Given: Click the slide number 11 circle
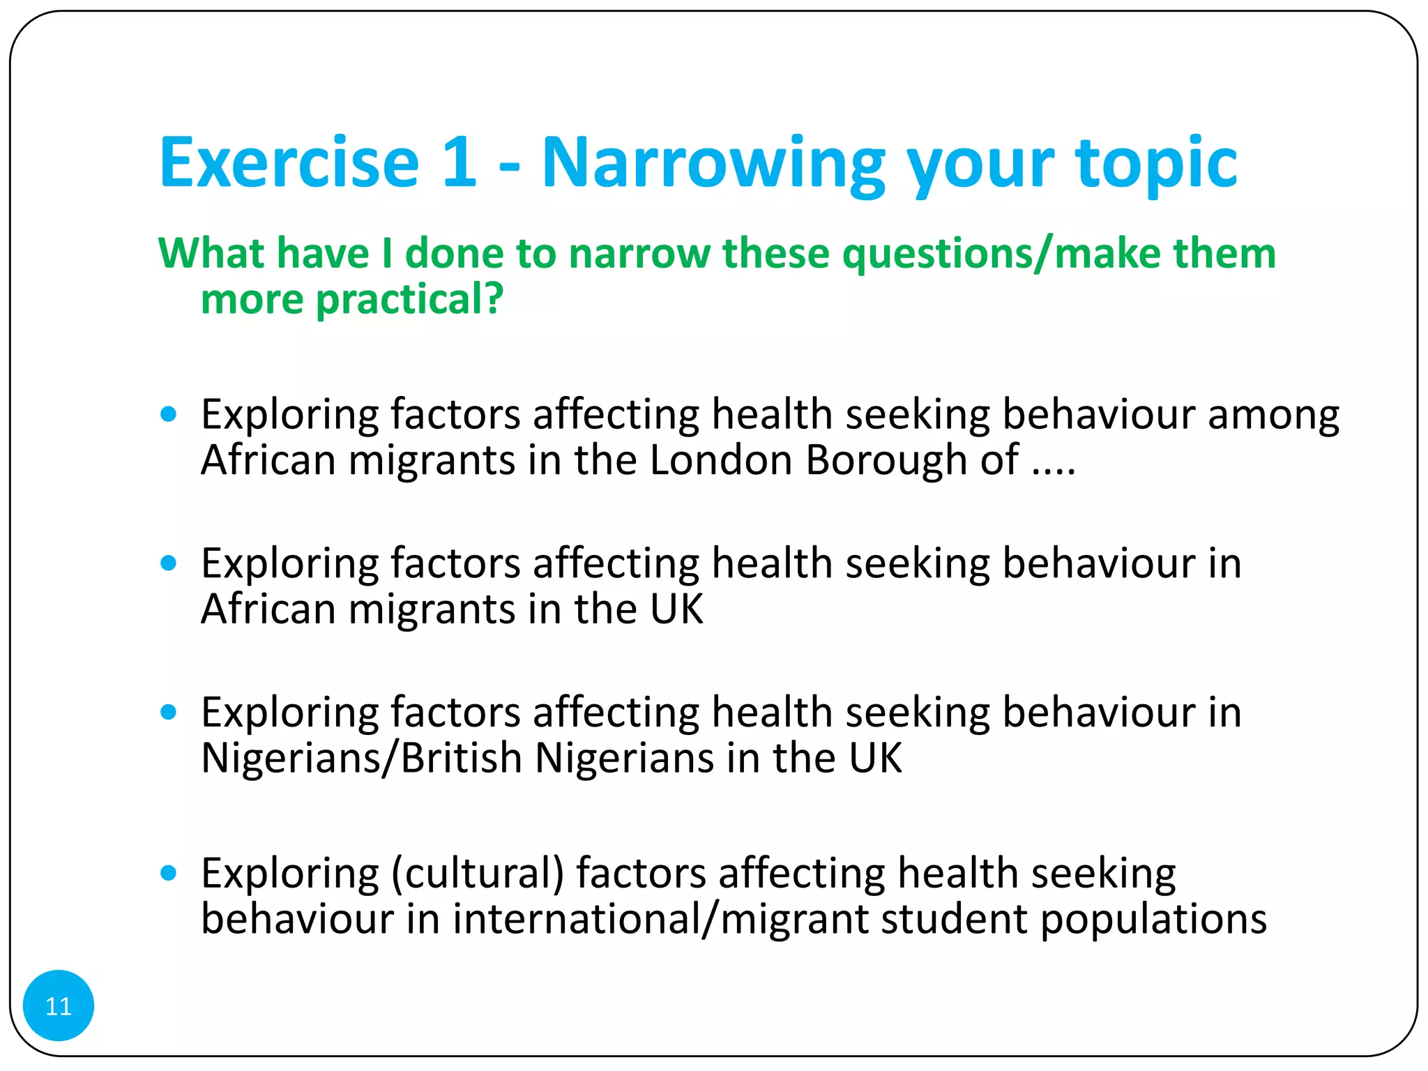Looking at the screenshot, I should tap(58, 1005).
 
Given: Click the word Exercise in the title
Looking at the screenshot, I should tap(289, 163).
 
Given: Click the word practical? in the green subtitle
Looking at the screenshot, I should tap(409, 300).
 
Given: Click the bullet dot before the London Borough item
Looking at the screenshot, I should tap(168, 415).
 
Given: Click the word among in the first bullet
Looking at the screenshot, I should tap(1273, 416).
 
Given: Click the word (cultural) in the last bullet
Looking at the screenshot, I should tap(478, 874).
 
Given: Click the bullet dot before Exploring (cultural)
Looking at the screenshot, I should tap(168, 873).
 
